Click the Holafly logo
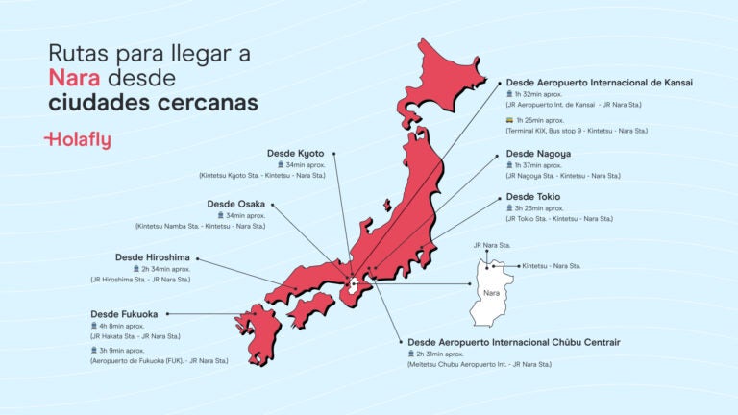(x=78, y=140)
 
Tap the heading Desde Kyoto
(x=295, y=153)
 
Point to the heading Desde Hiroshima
(x=153, y=257)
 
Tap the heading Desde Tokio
(x=533, y=197)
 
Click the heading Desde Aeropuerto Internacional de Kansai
(x=599, y=83)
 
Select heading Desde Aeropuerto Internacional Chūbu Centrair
(x=514, y=342)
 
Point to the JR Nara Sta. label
(x=491, y=246)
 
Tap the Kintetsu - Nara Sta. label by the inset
(x=551, y=265)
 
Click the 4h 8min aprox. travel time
(x=129, y=326)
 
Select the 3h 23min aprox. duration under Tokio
(x=546, y=208)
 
